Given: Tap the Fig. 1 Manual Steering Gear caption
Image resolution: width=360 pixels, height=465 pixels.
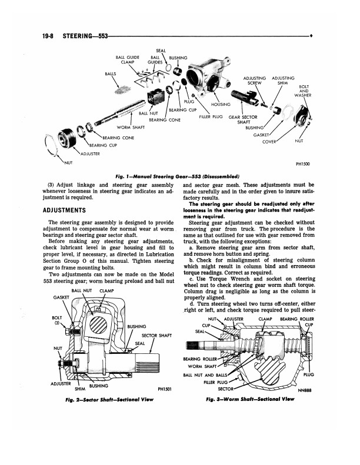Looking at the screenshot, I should (179, 175).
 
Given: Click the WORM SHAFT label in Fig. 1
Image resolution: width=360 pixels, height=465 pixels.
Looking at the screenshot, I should (131, 128).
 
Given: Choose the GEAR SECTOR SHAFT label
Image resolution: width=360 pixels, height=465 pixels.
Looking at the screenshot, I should (242, 119).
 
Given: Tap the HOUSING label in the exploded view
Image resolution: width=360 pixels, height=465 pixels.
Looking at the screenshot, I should (219, 105).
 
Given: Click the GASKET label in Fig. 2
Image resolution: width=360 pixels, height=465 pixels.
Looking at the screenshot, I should (62, 297).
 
